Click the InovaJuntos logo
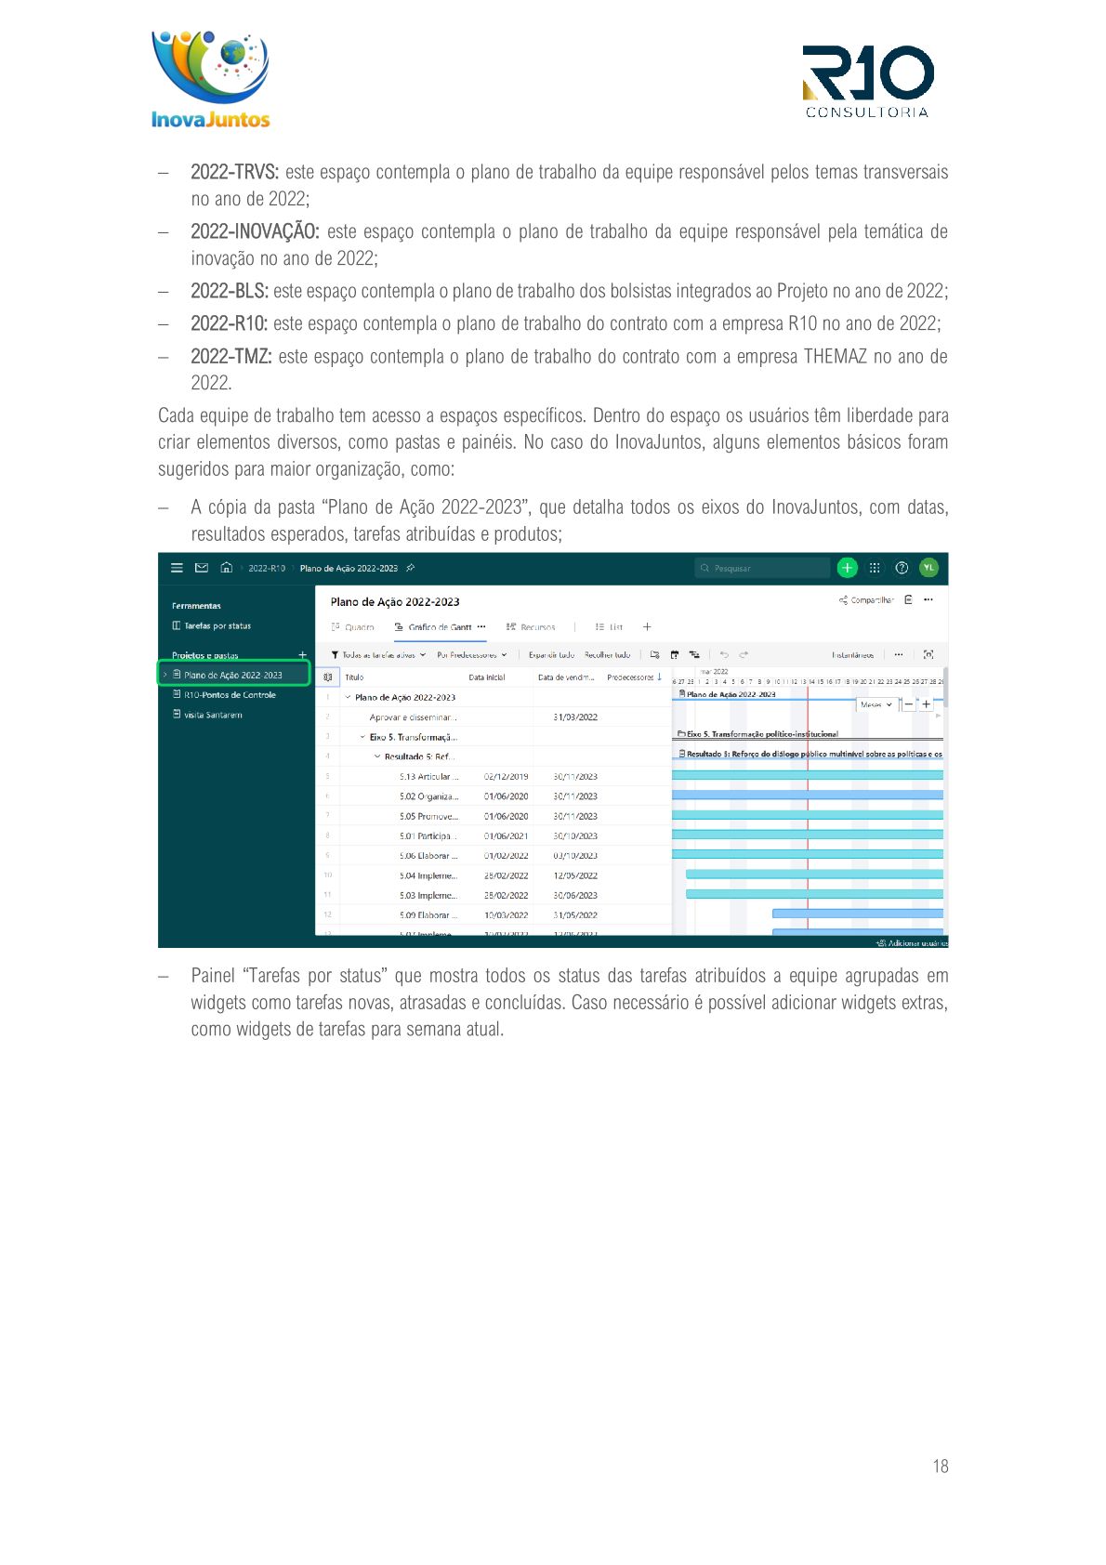[210, 80]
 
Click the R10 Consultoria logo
[868, 82]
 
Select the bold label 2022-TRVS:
[234, 172]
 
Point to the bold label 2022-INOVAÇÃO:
[255, 231]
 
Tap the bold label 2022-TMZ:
[230, 356]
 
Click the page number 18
[941, 1466]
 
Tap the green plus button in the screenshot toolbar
[847, 568]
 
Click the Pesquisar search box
[762, 568]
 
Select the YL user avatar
[928, 568]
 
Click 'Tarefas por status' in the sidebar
[217, 626]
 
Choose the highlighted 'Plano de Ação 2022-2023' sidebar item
[232, 675]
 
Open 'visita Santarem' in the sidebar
[213, 715]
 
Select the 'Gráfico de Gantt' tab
[440, 627]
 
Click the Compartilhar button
[866, 600]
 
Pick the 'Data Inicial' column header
[487, 677]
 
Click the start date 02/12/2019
[506, 777]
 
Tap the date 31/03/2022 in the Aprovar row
[575, 717]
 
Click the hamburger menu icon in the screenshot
[177, 568]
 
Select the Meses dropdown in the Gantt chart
[876, 704]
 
